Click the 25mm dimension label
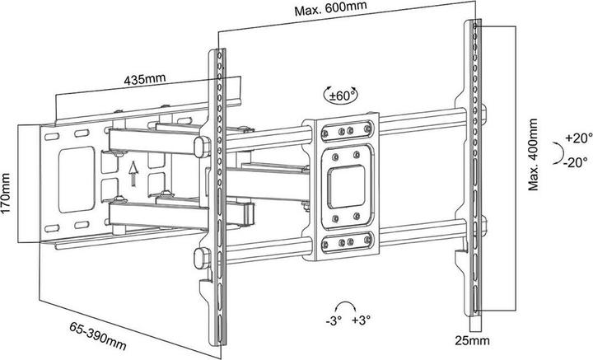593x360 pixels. click(x=471, y=339)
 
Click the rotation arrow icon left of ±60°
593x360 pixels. click(x=330, y=96)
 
